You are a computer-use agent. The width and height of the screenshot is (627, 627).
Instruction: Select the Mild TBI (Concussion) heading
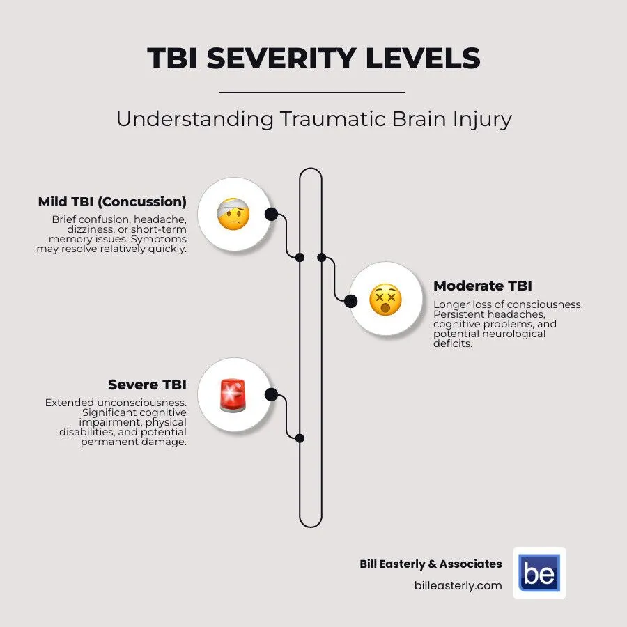112,203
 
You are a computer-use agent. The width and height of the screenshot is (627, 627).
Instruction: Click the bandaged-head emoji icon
233,214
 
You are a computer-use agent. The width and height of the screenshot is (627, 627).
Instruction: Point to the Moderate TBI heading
482,286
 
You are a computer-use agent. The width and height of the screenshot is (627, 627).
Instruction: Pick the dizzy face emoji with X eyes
385,300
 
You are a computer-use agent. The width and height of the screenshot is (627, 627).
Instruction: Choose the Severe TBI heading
147,385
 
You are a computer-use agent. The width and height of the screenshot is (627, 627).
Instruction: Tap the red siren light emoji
233,395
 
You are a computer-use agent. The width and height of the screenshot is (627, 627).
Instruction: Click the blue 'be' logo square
539,573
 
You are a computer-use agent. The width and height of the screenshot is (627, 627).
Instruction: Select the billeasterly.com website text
458,585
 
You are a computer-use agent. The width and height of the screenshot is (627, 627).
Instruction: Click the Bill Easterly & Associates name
430,564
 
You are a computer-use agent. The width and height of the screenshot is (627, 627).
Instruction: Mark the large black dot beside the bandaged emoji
271,214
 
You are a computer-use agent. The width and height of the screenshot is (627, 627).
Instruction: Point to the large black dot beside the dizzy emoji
351,301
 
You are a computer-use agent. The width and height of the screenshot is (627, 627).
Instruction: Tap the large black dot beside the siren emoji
271,395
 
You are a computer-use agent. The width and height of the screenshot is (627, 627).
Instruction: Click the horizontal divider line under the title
312,92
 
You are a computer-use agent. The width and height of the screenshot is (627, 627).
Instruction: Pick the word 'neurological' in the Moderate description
513,334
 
